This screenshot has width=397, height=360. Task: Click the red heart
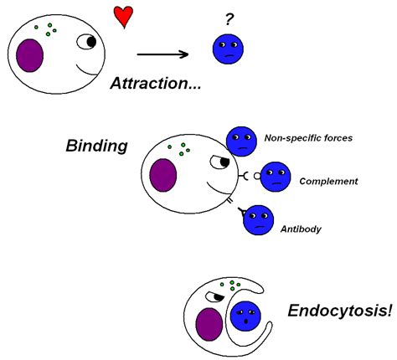coord(123,17)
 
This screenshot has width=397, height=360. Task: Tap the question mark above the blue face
coord(229,20)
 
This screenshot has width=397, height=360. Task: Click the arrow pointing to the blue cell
coord(162,54)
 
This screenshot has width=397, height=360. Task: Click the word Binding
coord(96,146)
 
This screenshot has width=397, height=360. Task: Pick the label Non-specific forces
coord(308,138)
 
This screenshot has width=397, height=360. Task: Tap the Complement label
coord(328,181)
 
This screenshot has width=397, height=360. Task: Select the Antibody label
coord(301,229)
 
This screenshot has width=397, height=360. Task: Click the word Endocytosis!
coord(340,311)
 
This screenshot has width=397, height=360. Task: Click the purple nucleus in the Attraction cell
coord(29,55)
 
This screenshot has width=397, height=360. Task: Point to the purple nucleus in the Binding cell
coord(163,175)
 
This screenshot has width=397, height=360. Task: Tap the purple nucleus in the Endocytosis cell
coord(209,324)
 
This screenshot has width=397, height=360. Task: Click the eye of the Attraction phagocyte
coord(86,42)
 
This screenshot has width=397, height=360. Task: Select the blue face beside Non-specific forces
coord(241,141)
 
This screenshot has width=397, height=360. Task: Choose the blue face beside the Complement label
coord(276,177)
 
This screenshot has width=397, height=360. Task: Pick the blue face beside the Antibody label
coord(259,220)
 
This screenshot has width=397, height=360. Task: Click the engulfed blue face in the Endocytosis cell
coord(245,316)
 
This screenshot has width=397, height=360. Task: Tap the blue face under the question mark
coord(228,49)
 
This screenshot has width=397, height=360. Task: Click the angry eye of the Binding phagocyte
coord(219,162)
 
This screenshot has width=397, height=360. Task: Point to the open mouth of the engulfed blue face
coord(246,321)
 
